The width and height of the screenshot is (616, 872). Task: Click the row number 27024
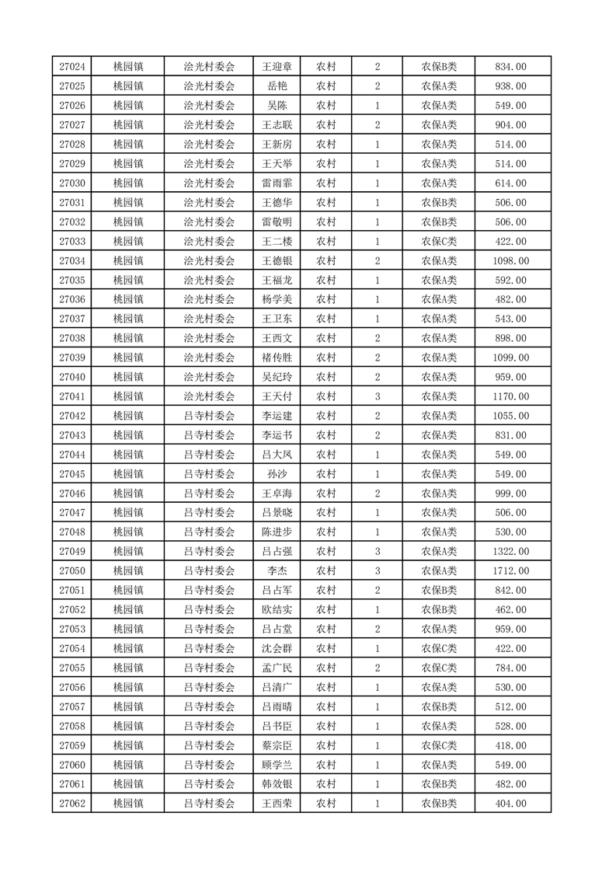click(x=71, y=67)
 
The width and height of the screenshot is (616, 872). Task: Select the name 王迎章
click(x=277, y=67)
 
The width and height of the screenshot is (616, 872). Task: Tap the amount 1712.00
click(x=510, y=571)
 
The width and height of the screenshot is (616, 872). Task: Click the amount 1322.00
click(x=510, y=552)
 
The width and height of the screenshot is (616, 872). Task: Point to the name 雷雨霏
click(x=277, y=183)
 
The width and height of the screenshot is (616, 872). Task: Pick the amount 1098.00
click(x=510, y=261)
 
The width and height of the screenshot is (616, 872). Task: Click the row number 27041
click(x=71, y=396)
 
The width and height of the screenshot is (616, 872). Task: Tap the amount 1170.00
click(x=510, y=396)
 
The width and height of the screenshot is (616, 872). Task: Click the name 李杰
click(x=277, y=571)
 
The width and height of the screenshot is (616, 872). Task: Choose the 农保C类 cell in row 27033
click(x=439, y=242)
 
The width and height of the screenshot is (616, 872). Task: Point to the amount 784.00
click(x=510, y=668)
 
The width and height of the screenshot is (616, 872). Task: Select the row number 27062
click(x=71, y=804)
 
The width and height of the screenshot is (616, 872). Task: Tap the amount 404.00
click(x=510, y=804)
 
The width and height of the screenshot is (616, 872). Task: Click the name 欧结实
click(x=277, y=610)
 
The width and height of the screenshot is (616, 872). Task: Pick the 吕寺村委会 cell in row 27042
click(x=209, y=416)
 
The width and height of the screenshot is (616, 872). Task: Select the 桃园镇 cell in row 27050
click(x=127, y=571)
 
